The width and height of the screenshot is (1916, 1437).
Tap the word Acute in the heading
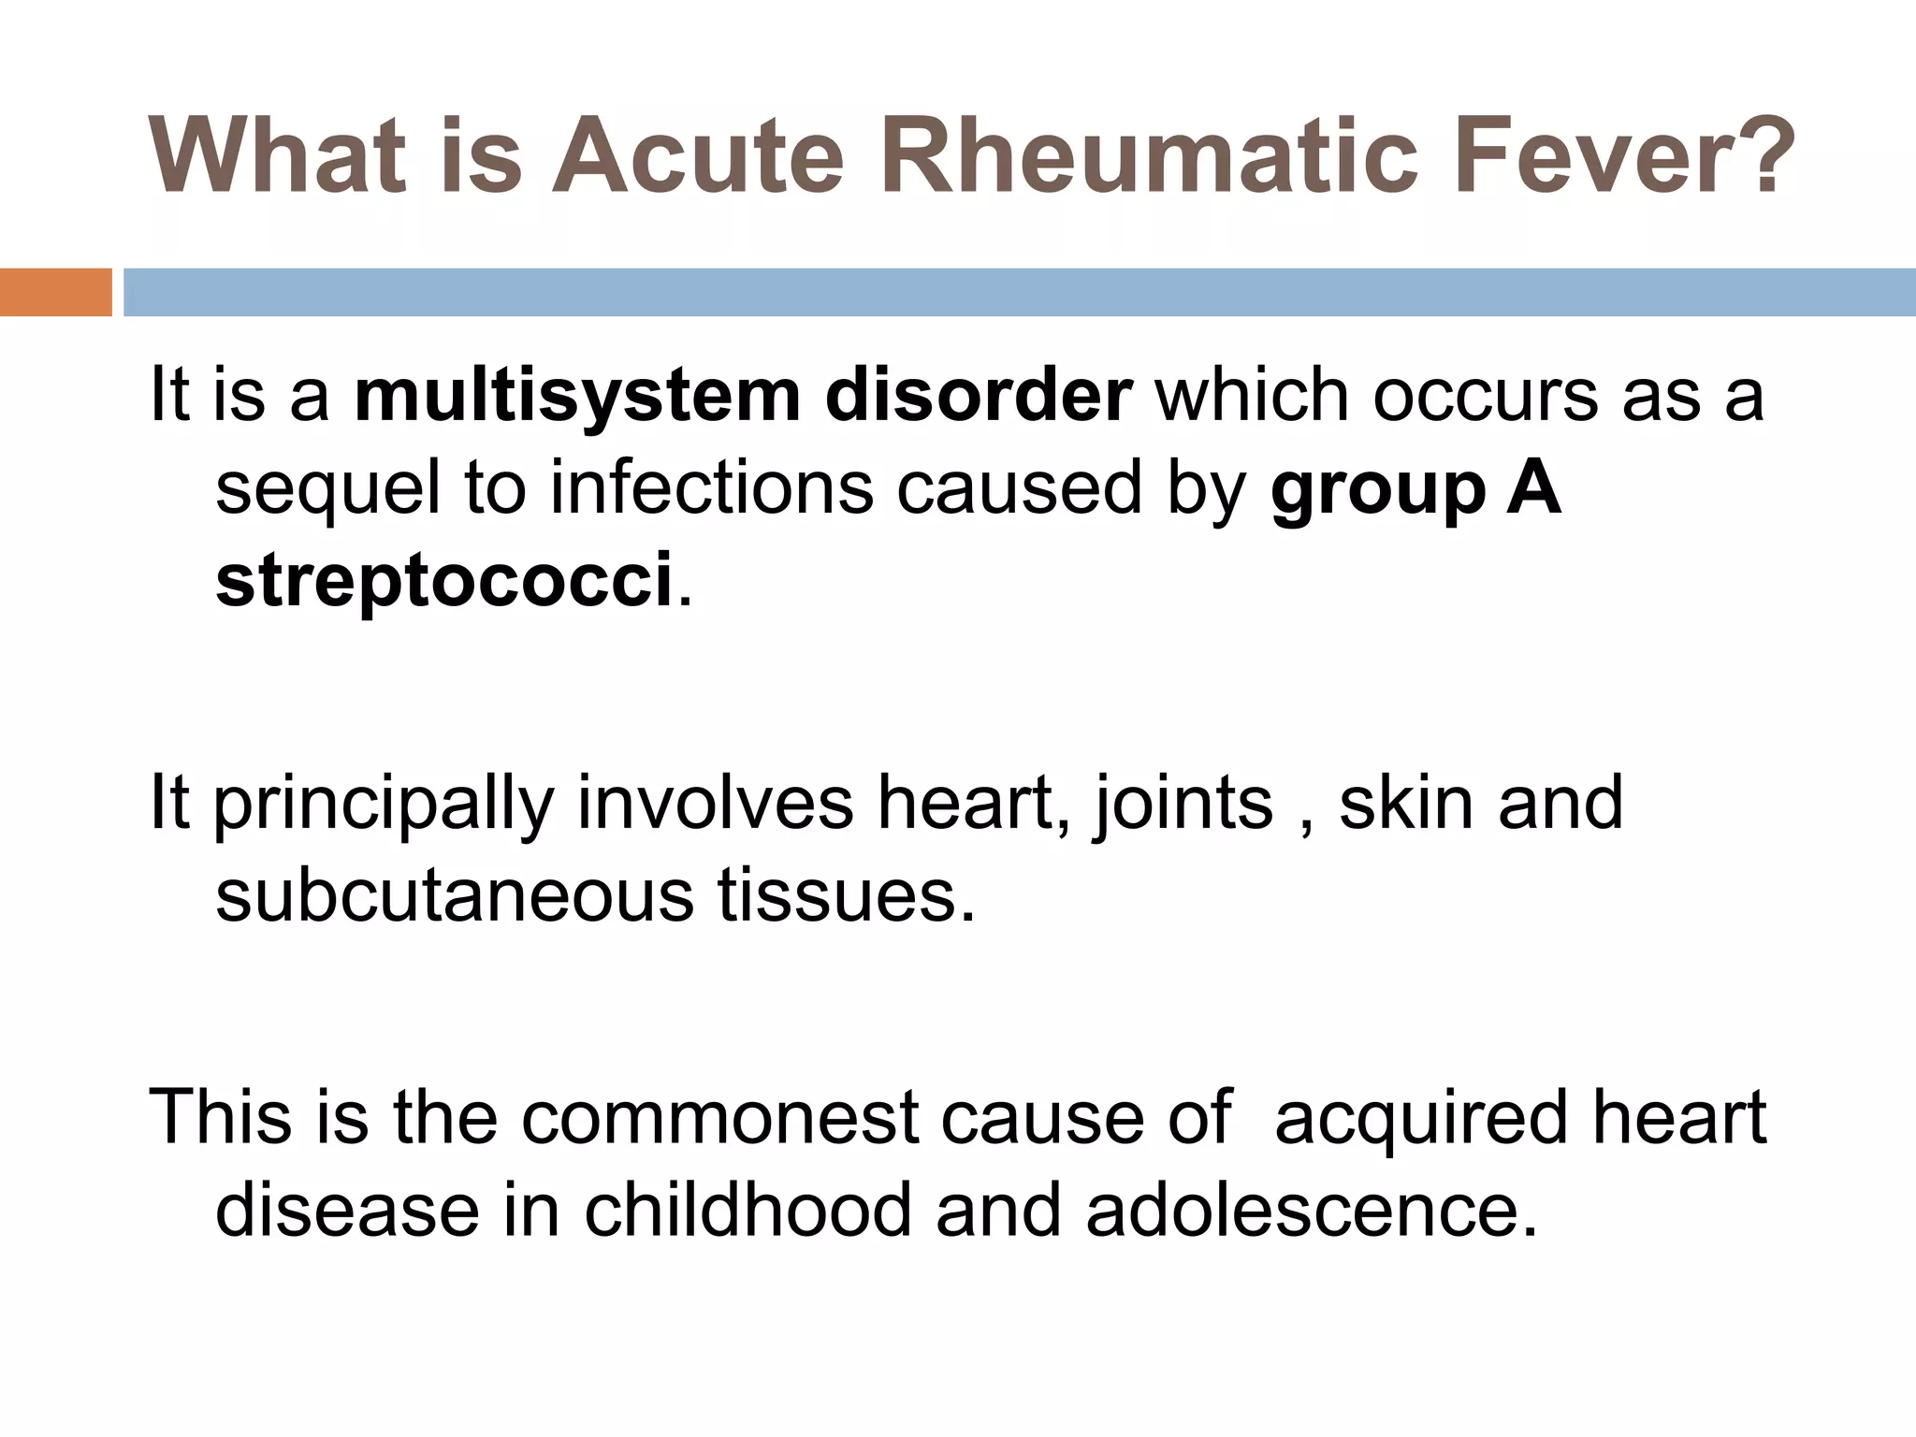697,156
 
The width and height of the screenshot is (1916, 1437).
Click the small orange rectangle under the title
55,292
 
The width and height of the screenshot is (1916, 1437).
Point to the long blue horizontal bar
1019,292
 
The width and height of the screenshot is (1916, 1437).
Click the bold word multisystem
578,397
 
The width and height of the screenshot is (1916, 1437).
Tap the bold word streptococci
443,580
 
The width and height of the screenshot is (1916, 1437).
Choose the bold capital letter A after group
1534,488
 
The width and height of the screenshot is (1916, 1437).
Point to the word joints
1183,805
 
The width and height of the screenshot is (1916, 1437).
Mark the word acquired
1420,1119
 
